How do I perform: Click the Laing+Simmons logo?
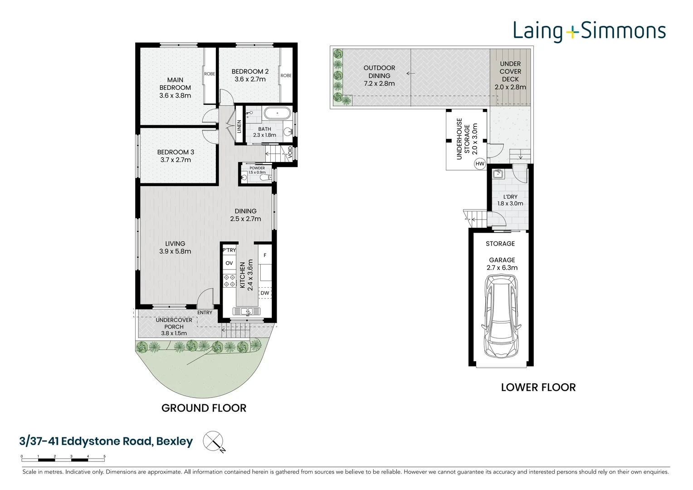[x=589, y=31]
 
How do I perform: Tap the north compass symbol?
[x=214, y=441]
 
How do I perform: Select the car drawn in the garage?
[x=501, y=316]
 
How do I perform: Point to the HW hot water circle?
[x=480, y=164]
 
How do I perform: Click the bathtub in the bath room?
[x=277, y=113]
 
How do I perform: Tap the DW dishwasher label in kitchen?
[x=265, y=293]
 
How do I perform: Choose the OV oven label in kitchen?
[x=229, y=263]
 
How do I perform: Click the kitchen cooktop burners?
[x=229, y=280]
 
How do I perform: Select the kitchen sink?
[x=247, y=311]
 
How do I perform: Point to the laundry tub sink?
[x=498, y=174]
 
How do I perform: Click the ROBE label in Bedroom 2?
[x=286, y=75]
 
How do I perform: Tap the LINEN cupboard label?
[x=239, y=127]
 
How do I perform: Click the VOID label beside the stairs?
[x=290, y=152]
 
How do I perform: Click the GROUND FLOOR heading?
[x=204, y=408]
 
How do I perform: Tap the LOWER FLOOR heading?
[x=538, y=387]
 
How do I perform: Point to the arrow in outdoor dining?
[x=410, y=73]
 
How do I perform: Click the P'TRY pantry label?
[x=229, y=250]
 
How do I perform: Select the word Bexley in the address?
[x=175, y=441]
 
